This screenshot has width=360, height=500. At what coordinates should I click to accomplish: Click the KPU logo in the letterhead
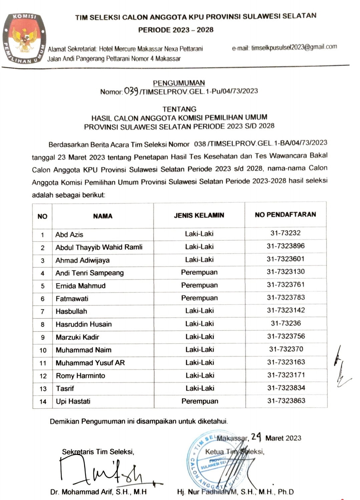click(x=24, y=38)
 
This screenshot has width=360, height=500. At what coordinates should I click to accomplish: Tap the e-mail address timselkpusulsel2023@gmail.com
click(x=294, y=47)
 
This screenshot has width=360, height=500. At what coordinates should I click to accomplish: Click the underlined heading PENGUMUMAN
click(x=179, y=83)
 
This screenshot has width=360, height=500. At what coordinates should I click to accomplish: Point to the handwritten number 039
click(x=131, y=91)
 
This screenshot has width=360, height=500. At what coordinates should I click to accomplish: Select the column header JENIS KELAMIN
click(x=199, y=215)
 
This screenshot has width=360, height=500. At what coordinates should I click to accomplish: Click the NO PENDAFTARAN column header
click(x=285, y=214)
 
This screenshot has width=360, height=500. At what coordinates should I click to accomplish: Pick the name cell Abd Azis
click(x=69, y=234)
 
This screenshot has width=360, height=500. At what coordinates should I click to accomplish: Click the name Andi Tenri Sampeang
click(x=89, y=273)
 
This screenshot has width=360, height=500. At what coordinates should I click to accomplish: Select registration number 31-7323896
click(x=286, y=246)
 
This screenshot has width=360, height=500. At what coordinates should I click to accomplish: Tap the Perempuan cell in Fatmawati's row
click(x=200, y=298)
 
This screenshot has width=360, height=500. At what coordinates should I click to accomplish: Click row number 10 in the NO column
click(x=43, y=350)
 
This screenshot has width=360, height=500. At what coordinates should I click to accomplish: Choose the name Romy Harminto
click(x=80, y=376)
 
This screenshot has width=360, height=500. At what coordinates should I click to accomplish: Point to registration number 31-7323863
click(x=286, y=401)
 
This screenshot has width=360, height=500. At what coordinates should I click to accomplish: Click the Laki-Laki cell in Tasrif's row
click(x=200, y=388)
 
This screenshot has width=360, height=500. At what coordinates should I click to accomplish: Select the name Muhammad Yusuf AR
click(x=90, y=363)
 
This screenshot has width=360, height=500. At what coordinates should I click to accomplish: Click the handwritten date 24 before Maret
click(x=256, y=437)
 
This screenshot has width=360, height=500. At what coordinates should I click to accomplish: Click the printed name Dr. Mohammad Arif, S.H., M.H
click(x=98, y=492)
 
